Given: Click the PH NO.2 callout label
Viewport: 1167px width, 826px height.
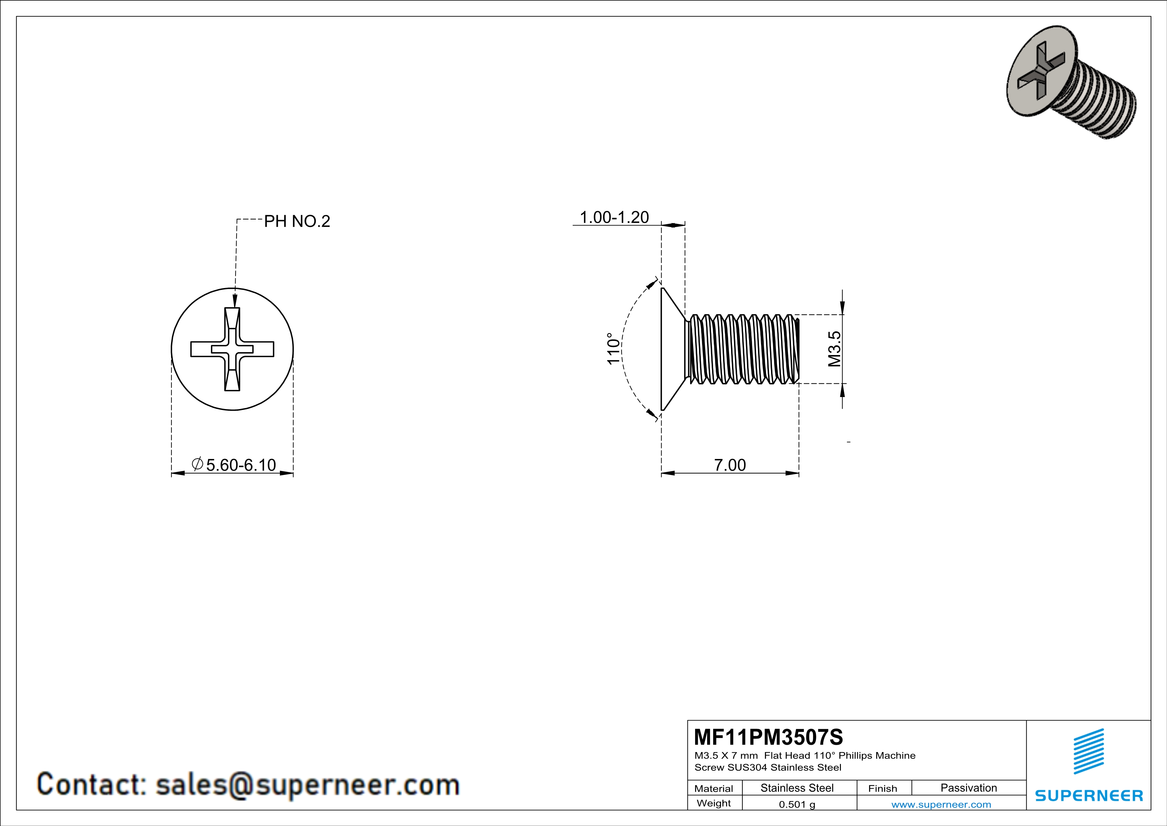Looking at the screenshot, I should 297,221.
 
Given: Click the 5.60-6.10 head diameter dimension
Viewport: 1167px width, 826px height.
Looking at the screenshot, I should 241,465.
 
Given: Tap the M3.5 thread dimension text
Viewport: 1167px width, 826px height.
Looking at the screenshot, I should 834,349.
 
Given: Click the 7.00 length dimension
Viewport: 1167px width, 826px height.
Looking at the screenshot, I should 730,465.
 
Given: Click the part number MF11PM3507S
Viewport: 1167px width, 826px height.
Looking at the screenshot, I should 768,737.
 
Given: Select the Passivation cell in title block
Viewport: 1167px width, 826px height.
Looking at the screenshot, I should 968,788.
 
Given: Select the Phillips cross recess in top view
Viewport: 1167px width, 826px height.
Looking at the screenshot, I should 232,349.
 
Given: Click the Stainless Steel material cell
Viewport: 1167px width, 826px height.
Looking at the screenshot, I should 797,788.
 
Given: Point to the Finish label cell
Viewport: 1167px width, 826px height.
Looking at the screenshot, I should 882,788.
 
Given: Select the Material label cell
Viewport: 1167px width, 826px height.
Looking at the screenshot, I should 714,788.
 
